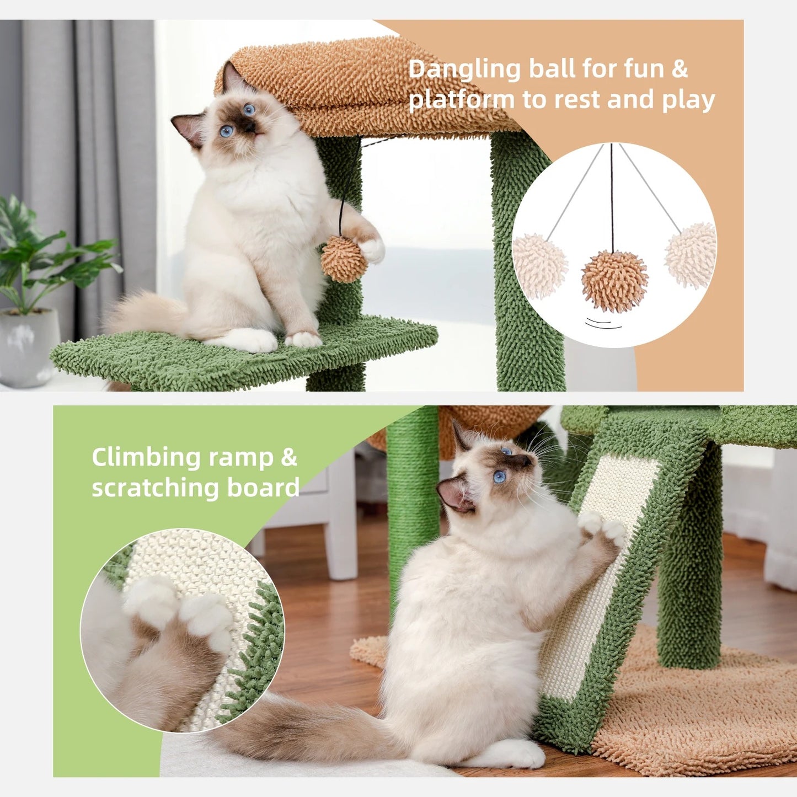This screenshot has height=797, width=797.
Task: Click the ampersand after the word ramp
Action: tap(289, 458)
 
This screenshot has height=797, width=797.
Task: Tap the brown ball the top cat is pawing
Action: tap(344, 259)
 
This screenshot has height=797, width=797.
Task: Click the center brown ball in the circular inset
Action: tap(614, 281)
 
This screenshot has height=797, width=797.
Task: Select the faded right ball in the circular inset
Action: tap(691, 256)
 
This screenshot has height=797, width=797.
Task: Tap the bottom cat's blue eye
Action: tap(499, 477)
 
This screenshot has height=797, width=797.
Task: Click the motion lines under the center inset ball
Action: tap(603, 324)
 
